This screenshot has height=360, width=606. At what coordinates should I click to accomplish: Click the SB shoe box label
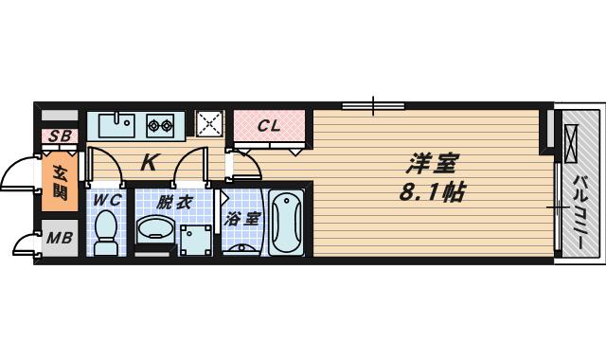(60, 135)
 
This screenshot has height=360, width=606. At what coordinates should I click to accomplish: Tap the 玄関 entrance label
(60, 183)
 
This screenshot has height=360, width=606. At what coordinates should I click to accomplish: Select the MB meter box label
(60, 238)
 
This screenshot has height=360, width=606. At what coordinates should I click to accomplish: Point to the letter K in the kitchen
(148, 162)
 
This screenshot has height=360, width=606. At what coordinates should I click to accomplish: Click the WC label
(108, 200)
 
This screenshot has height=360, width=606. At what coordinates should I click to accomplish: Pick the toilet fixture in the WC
(106, 232)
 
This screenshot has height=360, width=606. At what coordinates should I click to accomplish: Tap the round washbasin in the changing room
(155, 229)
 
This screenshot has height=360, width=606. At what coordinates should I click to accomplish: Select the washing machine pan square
(196, 240)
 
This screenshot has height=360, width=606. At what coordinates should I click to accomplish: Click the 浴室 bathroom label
(241, 219)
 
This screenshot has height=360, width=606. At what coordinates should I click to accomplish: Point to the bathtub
(286, 222)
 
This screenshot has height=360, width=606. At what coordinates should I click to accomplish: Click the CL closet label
(269, 126)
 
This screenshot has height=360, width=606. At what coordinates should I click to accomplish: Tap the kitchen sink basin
(116, 124)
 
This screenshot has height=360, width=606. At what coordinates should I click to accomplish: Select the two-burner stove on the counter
(160, 125)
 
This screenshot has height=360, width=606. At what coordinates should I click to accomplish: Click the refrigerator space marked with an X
(209, 124)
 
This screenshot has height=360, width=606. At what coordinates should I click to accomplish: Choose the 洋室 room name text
(432, 164)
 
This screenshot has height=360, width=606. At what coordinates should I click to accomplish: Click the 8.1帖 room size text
(432, 191)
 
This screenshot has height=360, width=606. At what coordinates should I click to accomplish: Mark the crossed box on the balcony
(571, 143)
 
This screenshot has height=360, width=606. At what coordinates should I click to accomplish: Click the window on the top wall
(373, 105)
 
